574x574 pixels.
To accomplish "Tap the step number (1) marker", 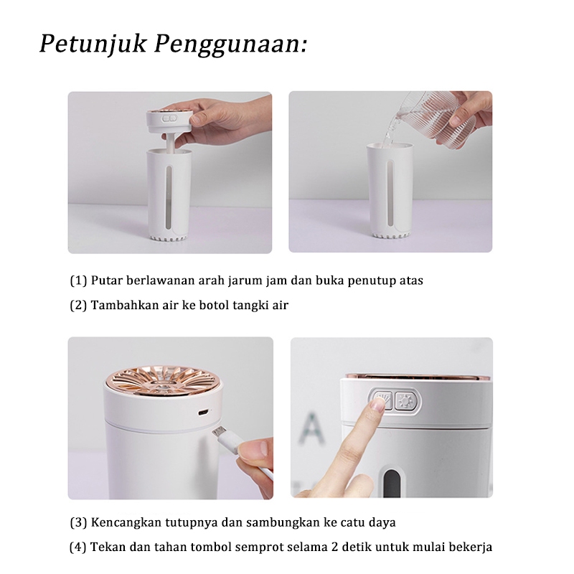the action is click(x=78, y=281).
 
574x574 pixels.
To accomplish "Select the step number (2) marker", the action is click(x=78, y=305).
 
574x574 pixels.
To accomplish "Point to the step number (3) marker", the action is click(x=78, y=522).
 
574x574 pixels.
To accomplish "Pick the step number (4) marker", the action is click(x=77, y=547).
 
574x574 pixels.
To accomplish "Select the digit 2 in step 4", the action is click(x=334, y=547).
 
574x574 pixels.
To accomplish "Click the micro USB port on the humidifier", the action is click(x=204, y=413).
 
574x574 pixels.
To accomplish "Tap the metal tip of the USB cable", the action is click(x=219, y=432).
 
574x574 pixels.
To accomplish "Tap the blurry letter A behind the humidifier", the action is click(x=312, y=427).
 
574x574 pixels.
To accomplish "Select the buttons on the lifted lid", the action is click(x=170, y=118).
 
